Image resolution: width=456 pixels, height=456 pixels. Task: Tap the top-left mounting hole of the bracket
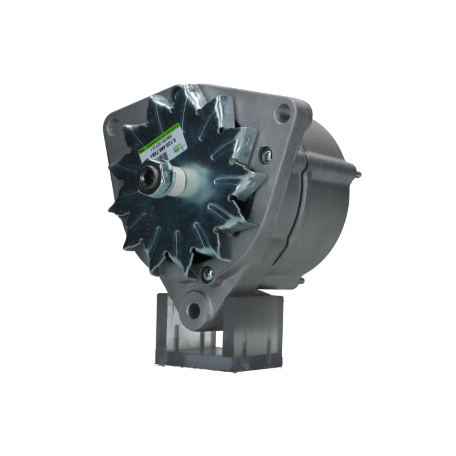(114, 124)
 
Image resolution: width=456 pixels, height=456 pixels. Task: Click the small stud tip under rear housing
(301, 280)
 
